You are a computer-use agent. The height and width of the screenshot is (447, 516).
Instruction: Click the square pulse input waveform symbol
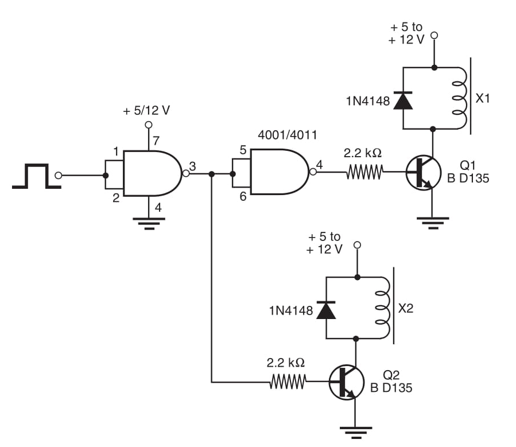pos(36,165)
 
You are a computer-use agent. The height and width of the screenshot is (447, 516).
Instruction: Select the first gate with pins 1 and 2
pos(152,173)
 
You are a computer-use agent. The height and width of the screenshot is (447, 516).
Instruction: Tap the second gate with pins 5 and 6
pos(280,172)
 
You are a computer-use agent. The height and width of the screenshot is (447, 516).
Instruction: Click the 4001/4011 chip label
pos(288,135)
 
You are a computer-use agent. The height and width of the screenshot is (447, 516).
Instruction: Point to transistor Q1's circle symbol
pos(423,172)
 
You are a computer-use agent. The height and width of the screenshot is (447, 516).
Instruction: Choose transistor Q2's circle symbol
pos(346,382)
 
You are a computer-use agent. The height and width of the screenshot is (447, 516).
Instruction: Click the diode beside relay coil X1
pos(403,100)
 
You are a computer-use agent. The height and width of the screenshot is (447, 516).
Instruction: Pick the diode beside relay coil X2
pos(326,310)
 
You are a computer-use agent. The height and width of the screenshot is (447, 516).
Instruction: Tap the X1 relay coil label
pos(483,98)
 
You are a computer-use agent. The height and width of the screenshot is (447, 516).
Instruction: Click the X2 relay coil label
pos(406,308)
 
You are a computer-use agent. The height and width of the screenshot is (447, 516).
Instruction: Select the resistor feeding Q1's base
pos(365,172)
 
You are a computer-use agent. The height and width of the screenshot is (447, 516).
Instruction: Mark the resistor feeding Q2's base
pos(288,382)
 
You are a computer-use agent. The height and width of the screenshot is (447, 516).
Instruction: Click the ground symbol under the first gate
pos(149,223)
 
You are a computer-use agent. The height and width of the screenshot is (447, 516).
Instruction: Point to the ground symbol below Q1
pos(433,223)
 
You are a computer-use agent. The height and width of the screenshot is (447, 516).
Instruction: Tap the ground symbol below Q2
pos(356,433)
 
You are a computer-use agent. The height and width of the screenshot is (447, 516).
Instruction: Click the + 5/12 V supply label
pos(146,111)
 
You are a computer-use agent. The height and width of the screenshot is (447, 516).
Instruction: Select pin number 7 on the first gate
pos(156,141)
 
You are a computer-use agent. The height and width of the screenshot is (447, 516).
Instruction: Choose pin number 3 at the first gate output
pos(192,166)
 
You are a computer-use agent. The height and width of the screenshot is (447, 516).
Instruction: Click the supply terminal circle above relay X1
pos(434,35)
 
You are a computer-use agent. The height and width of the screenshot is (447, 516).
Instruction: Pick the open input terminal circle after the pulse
pos(58,176)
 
